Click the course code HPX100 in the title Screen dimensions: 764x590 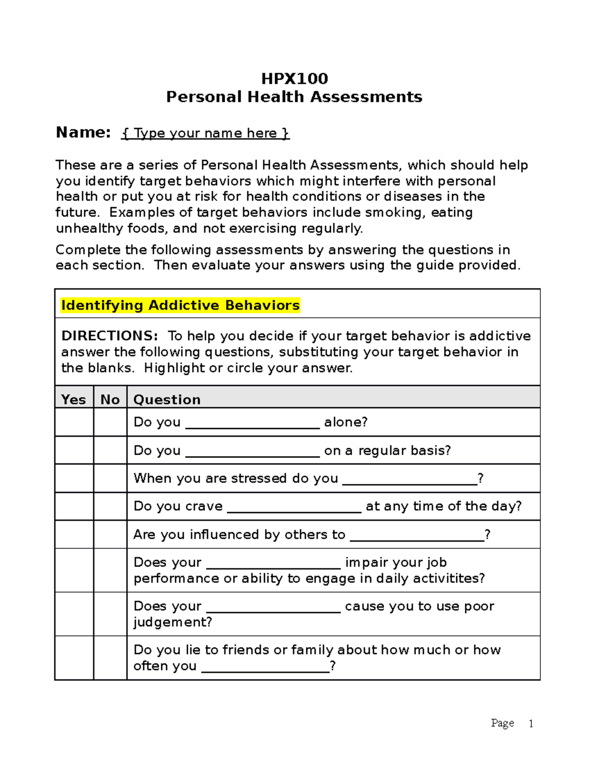click(x=295, y=79)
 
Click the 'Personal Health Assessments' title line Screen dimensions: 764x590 click(x=294, y=97)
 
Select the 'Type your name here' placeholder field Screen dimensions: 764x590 click(x=206, y=133)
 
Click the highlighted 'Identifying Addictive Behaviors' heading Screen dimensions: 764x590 click(x=180, y=306)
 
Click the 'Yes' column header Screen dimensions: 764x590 click(x=74, y=399)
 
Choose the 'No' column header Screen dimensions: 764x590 click(x=110, y=399)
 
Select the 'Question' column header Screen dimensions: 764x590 click(x=167, y=399)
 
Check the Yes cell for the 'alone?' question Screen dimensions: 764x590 click(x=74, y=422)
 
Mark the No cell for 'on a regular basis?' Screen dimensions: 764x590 click(x=110, y=450)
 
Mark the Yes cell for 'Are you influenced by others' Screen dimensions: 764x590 click(x=74, y=534)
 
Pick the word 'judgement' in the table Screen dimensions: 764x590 click(x=170, y=622)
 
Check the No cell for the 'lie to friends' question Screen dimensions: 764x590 click(x=110, y=658)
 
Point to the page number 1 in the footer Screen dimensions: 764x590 click(x=531, y=723)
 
